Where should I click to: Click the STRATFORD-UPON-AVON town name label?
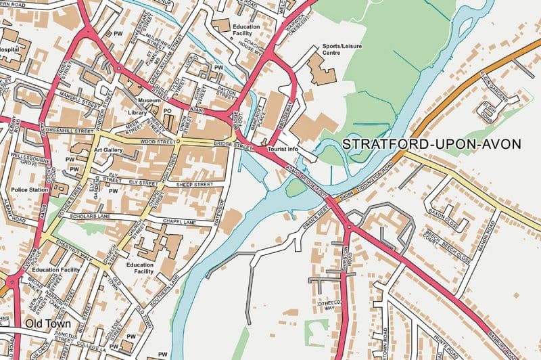point(431,144)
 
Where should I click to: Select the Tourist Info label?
point(283,148)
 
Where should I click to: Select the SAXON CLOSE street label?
point(446,209)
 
